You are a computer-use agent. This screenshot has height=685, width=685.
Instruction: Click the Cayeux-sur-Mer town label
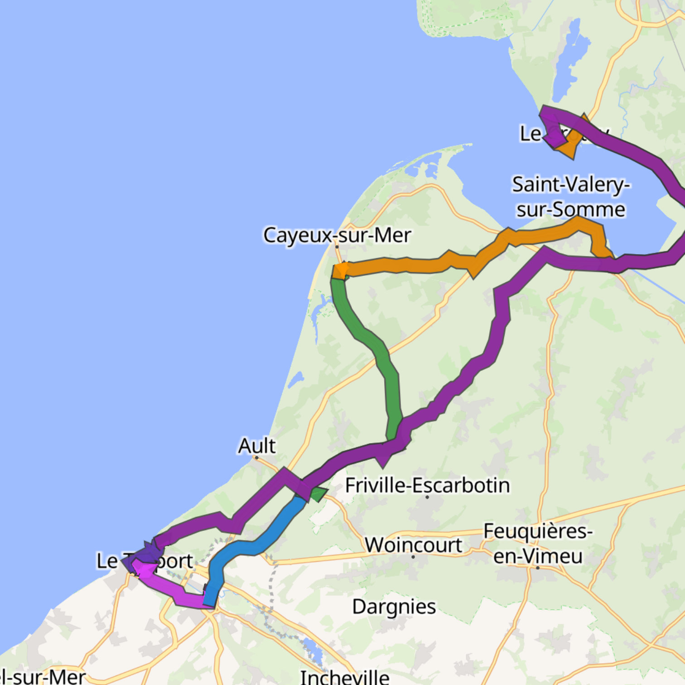(x=337, y=235)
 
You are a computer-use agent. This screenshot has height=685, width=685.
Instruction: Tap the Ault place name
(x=257, y=446)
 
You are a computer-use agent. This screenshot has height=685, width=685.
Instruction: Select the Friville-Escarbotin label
(x=427, y=485)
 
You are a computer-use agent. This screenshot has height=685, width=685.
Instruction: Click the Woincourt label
(x=413, y=545)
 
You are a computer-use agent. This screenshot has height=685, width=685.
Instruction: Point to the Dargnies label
(x=394, y=607)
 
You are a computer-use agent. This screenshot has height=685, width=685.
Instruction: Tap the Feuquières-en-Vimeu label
(x=538, y=543)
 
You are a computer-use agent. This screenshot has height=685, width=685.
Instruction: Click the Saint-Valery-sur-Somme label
(x=571, y=197)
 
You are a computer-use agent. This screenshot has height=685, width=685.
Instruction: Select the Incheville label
(x=345, y=677)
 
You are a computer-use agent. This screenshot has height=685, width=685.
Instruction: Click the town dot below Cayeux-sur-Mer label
(x=337, y=247)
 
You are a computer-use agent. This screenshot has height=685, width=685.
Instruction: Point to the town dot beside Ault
(x=256, y=458)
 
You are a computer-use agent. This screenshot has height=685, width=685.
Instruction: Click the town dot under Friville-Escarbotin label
(x=427, y=497)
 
